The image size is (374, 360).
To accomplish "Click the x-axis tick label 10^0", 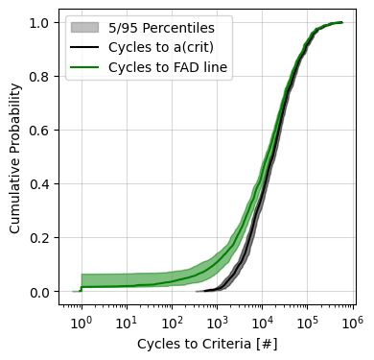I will [82, 318].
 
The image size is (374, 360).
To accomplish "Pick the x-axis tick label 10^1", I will [127, 318].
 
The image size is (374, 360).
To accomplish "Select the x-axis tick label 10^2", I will [172, 318].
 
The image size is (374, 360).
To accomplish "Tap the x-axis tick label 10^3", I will [217, 318].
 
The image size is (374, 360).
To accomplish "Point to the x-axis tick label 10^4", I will [262, 318].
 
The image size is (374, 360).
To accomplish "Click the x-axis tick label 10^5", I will [307, 318].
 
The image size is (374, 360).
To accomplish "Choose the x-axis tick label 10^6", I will [352, 318].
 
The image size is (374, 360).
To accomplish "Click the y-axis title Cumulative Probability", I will [14, 158].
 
